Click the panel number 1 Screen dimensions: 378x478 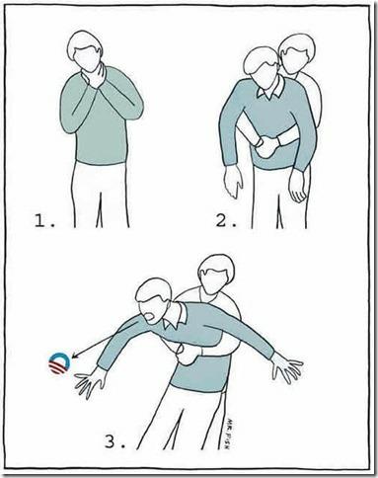point(43,220)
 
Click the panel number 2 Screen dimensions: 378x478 point(225,220)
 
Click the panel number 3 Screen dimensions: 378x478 point(114,441)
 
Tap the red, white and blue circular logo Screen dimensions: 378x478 point(59,363)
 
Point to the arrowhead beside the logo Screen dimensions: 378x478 point(75,356)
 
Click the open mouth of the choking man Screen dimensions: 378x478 point(149,317)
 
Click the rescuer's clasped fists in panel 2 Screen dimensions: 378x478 point(267,146)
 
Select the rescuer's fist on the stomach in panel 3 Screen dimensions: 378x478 point(186,354)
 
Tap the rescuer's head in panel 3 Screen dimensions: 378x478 point(215,274)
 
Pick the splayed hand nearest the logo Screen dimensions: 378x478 point(90,381)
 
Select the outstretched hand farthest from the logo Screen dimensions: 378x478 point(287,368)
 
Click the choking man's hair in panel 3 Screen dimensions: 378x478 point(153,289)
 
